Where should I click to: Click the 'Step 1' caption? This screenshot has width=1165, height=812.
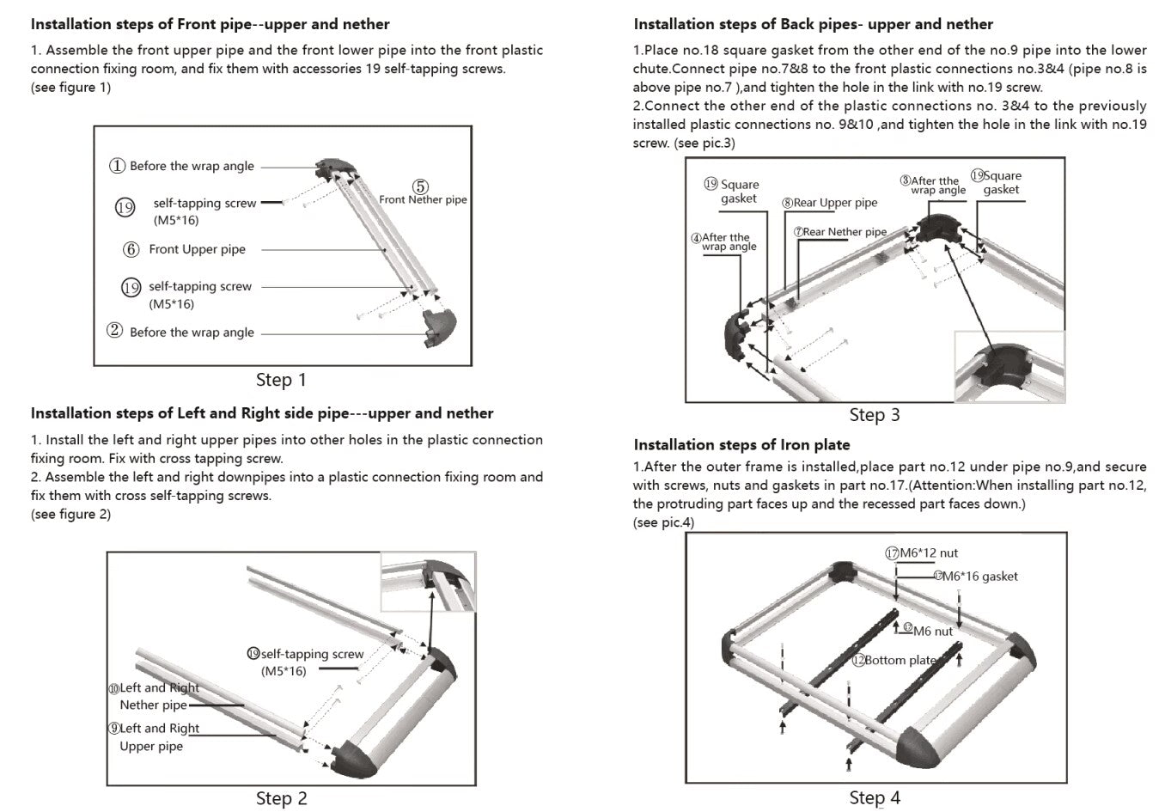tap(281, 380)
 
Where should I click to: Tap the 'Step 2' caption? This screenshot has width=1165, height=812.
tap(281, 798)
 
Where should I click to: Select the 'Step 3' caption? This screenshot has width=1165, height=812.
tap(875, 415)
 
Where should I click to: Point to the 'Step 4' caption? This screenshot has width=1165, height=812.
tap(875, 798)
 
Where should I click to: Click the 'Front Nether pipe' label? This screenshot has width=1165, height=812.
tap(423, 199)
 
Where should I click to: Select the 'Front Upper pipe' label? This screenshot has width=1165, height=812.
tap(197, 249)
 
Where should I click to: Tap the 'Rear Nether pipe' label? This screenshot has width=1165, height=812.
tap(845, 232)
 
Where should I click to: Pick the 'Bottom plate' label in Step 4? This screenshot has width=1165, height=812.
tap(900, 660)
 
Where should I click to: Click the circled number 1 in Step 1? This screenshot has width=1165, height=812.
tap(118, 166)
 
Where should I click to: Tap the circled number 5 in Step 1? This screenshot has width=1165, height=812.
tap(420, 186)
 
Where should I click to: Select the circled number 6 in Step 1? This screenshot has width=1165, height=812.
tap(131, 249)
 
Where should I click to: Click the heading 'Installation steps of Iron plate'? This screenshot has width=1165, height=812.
tap(741, 444)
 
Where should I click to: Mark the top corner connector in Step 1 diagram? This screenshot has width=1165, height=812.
tap(332, 168)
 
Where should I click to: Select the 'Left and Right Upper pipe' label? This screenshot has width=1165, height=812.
tap(159, 737)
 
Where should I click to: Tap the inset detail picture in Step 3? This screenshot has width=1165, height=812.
tap(1009, 367)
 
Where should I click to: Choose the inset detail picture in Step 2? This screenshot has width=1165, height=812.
tap(428, 583)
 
